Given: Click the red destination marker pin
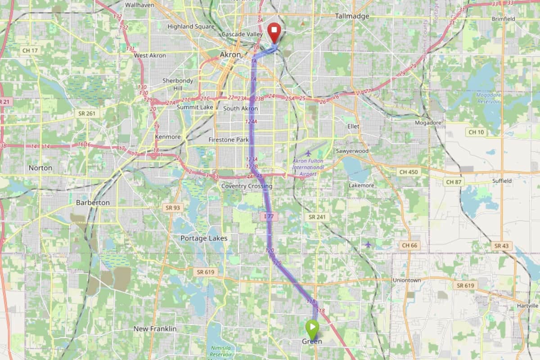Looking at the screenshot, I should [274, 32].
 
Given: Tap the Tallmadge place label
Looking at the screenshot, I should [352, 16].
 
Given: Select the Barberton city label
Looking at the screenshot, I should [93, 202].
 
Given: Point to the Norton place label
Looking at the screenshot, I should [40, 168].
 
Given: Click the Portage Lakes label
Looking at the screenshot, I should [204, 238].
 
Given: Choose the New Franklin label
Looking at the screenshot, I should [155, 329].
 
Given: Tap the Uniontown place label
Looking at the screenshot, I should [406, 280].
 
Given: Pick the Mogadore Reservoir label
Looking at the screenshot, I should [488, 98].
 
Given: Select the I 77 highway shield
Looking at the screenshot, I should [269, 217].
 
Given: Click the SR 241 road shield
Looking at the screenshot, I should [317, 217].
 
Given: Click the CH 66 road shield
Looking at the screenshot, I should [409, 245].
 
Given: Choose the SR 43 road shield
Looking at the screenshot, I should [502, 246].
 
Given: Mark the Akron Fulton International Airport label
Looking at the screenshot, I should [308, 167].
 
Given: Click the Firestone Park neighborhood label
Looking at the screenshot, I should [229, 140].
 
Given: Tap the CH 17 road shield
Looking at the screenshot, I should [30, 50].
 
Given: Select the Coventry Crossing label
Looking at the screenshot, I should [247, 186].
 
